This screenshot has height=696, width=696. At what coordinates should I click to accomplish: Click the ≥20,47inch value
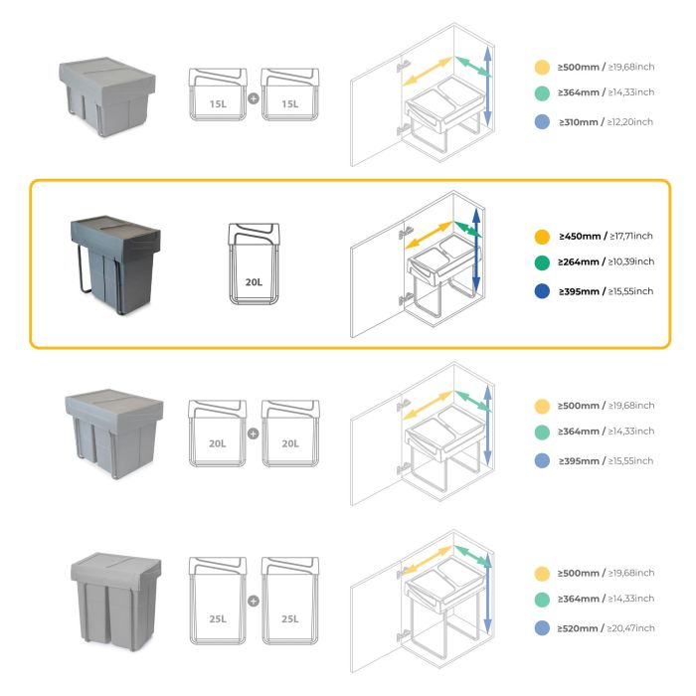[631, 628]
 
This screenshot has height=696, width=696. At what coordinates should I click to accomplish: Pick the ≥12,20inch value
[631, 121]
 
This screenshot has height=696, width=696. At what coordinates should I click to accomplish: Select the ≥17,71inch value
[631, 238]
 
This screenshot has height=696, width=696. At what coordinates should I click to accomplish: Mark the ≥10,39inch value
[631, 262]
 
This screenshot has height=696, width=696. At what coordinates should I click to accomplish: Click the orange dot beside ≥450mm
[541, 238]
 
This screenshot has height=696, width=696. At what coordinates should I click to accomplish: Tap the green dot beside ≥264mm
[541, 263]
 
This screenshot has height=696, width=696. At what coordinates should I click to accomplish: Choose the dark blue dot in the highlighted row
[541, 291]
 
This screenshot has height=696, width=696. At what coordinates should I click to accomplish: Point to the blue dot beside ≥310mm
[541, 121]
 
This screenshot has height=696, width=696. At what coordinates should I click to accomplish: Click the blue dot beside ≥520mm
[541, 628]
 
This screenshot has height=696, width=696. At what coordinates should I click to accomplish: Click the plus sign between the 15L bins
[254, 99]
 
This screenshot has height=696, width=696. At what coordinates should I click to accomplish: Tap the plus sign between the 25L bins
[254, 601]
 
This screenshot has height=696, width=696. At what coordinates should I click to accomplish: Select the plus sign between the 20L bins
[254, 434]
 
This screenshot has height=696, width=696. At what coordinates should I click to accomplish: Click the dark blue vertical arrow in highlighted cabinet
[477, 249]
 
